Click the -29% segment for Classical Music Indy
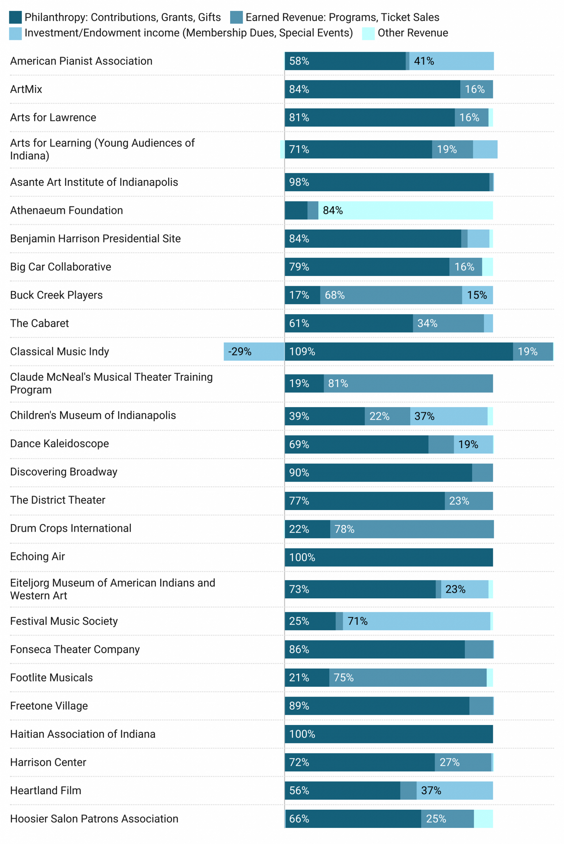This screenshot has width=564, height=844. (254, 351)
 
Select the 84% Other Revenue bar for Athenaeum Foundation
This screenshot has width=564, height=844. (405, 210)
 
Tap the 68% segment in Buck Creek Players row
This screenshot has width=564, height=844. (391, 295)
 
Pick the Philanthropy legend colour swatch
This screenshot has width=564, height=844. (15, 17)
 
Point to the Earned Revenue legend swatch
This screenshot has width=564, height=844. (236, 17)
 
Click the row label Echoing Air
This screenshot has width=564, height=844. (38, 557)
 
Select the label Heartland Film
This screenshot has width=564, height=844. (45, 790)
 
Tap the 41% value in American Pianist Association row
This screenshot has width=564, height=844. (451, 61)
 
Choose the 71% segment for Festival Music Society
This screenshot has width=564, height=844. (416, 621)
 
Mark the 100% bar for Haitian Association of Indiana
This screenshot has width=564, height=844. (389, 734)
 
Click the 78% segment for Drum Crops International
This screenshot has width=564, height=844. (412, 529)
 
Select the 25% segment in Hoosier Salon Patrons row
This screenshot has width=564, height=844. (447, 819)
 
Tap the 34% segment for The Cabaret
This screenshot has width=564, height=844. (448, 323)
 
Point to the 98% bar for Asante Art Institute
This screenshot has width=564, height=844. (387, 182)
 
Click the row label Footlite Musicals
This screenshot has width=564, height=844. (51, 678)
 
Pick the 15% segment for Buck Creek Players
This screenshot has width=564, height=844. (477, 295)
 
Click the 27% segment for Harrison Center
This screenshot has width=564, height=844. (463, 762)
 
